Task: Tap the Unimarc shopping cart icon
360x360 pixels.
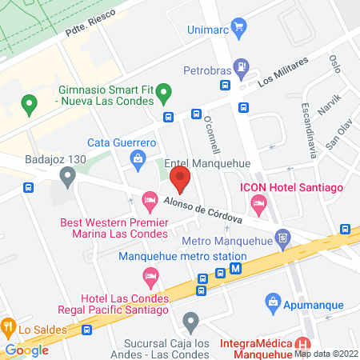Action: pyautogui.click(x=238, y=29)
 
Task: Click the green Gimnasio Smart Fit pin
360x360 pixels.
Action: pyautogui.click(x=163, y=91)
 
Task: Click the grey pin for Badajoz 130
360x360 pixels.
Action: pyautogui.click(x=66, y=174)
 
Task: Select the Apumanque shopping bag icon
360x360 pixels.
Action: pyautogui.click(x=274, y=302)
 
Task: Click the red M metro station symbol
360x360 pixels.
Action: pyautogui.click(x=235, y=270)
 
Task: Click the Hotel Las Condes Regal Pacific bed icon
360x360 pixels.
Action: pyautogui.click(x=150, y=277)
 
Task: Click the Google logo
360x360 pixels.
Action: pyautogui.click(x=27, y=350)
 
